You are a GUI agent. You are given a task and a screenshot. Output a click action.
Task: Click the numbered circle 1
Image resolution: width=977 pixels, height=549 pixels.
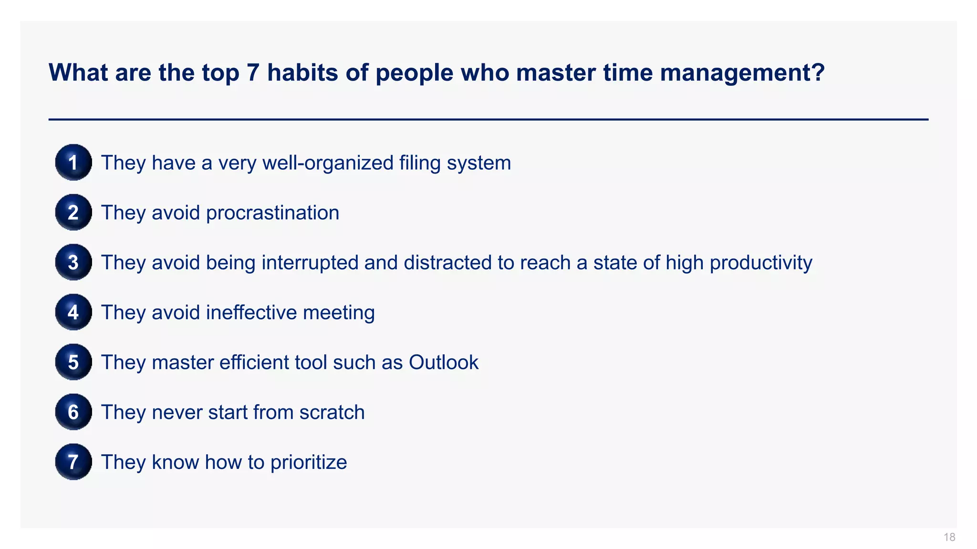coord(73,163)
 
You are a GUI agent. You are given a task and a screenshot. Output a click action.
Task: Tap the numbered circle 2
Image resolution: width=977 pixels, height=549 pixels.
coord(73,213)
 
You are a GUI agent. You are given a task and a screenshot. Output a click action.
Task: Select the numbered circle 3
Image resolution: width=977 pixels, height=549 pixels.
coord(73,262)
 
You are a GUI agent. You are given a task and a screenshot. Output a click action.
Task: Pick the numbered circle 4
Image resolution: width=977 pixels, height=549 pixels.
coord(73,312)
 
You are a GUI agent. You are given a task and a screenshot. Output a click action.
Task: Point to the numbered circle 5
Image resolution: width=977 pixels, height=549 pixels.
coord(73,362)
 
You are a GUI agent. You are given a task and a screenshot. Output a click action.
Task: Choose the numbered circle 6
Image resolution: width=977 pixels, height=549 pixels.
coord(73,412)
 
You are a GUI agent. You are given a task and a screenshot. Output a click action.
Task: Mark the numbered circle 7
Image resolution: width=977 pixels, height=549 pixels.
coord(73,462)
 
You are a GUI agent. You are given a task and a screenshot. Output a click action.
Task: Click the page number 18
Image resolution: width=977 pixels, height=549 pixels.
coord(949,538)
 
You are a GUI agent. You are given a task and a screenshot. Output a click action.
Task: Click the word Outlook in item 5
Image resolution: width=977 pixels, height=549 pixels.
coord(443,362)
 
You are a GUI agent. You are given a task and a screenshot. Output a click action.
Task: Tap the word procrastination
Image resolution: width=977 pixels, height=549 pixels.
coord(272,213)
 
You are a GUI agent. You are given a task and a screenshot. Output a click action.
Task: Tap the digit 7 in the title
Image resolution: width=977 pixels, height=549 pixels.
coord(253,72)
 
